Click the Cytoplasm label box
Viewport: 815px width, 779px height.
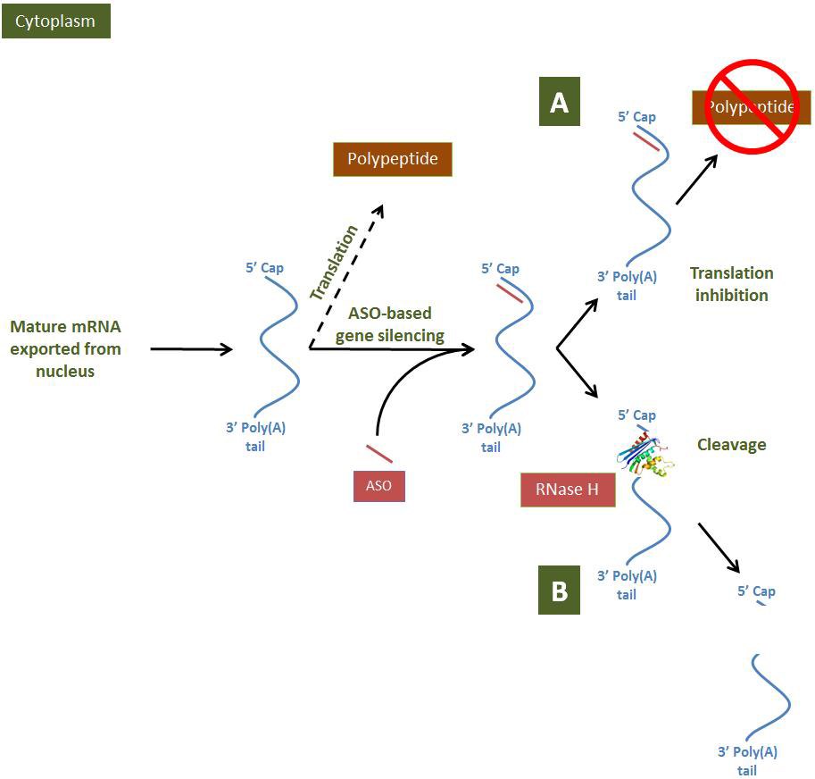[x=56, y=21]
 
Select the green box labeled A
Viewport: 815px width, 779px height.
[x=559, y=103]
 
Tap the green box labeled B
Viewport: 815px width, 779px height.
[x=559, y=591]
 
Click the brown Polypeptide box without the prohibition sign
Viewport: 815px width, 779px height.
[x=393, y=160]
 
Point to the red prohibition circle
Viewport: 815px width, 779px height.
[x=751, y=105]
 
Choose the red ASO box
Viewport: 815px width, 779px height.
[x=378, y=486]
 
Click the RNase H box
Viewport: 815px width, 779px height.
[x=568, y=490]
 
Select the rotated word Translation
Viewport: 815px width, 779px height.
[x=333, y=262]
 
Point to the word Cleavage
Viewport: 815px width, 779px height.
[x=731, y=444]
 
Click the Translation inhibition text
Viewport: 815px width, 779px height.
[x=731, y=284]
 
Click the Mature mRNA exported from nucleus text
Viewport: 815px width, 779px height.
[x=65, y=348]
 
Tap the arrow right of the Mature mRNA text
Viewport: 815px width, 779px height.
[x=191, y=349]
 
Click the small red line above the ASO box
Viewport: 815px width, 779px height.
[x=378, y=452]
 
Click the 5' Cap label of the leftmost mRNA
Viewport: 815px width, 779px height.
[x=263, y=267]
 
